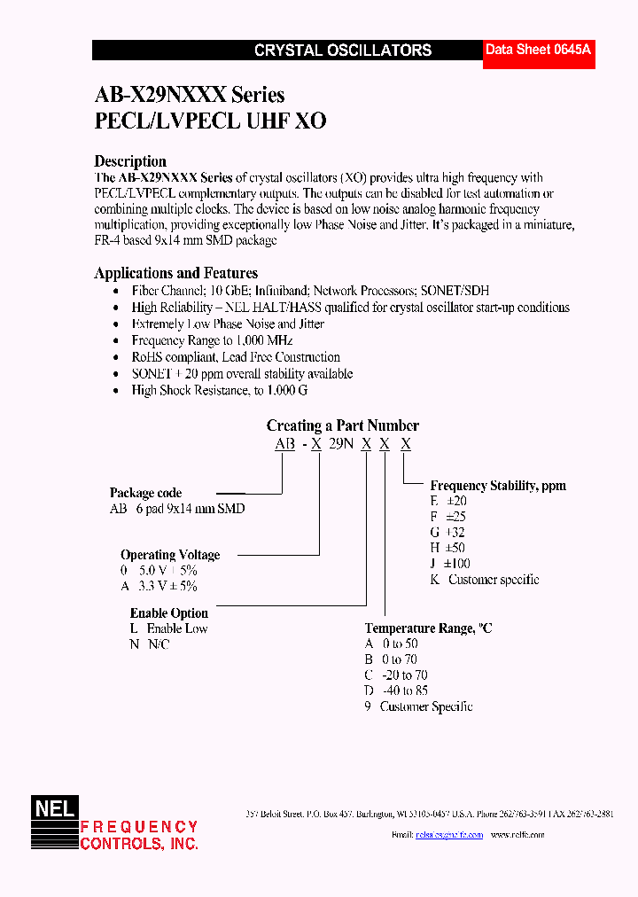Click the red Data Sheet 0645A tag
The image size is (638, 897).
[x=538, y=51]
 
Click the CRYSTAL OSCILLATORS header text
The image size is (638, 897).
[x=343, y=51]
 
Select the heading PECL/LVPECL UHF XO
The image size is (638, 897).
[x=210, y=121]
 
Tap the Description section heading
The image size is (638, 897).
[x=130, y=161]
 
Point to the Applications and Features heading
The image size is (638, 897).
[x=175, y=273]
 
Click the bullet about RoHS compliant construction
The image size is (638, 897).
[x=235, y=356]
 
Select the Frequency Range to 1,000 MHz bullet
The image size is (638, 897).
[x=212, y=340]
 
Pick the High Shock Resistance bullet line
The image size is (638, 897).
[x=219, y=390]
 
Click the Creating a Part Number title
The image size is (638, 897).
[x=342, y=425]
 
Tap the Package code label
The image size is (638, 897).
[x=145, y=493]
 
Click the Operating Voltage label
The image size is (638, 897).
[x=170, y=555]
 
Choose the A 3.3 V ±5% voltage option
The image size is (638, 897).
[x=159, y=586]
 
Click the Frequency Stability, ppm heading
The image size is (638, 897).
[x=497, y=486]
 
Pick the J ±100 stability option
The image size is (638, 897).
[x=450, y=564]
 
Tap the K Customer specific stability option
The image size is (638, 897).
[x=484, y=580]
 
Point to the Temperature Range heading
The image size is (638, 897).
[x=428, y=628]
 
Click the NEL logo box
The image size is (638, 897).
[x=55, y=807]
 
